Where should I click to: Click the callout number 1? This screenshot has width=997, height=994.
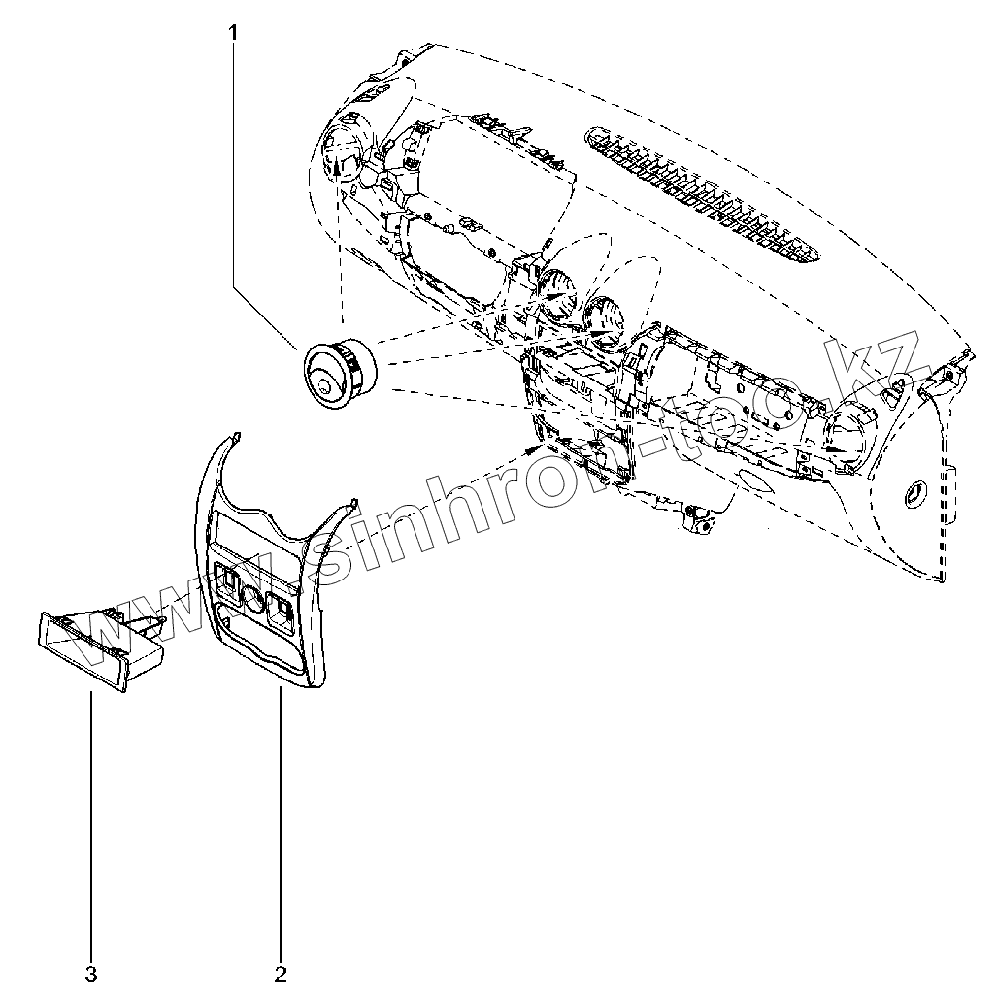click(x=233, y=32)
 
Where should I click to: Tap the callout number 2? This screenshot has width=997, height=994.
click(x=281, y=972)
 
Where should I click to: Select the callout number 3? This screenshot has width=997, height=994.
click(x=91, y=972)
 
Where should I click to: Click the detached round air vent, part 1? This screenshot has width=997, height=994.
click(x=336, y=370)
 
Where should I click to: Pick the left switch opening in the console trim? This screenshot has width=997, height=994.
click(x=228, y=582)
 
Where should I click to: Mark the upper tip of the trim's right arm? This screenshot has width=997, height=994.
click(x=353, y=503)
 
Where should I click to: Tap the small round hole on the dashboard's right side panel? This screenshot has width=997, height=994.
click(x=913, y=492)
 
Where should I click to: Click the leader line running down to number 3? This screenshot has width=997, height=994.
click(x=91, y=825)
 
